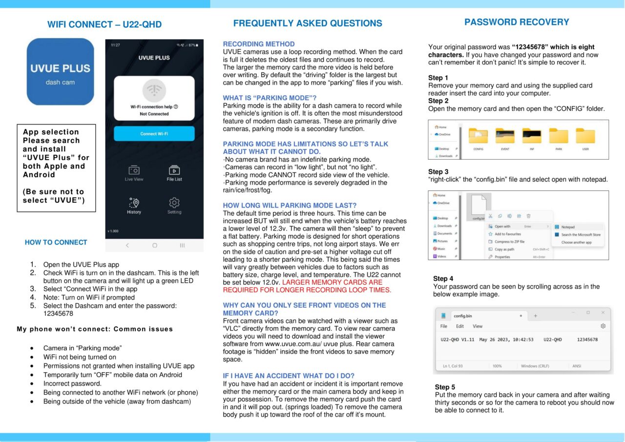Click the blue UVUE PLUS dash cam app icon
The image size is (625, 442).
[60, 72]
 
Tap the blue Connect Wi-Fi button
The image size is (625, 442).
[154, 133]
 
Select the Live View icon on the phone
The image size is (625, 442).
[134, 171]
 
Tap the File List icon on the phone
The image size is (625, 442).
[174, 171]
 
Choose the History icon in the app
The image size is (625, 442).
[134, 203]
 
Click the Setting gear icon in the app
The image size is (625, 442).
[174, 203]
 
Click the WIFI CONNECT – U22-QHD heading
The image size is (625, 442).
[104, 25]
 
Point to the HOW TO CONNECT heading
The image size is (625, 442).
[56, 242]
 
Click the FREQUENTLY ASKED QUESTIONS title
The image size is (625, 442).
[308, 23]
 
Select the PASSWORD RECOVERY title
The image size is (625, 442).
[517, 22]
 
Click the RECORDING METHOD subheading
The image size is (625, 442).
[259, 44]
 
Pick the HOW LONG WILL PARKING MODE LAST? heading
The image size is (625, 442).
[290, 206]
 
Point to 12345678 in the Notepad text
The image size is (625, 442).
[587, 339]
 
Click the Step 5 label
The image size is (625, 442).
[445, 387]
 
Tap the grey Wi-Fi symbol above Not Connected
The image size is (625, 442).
[154, 91]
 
